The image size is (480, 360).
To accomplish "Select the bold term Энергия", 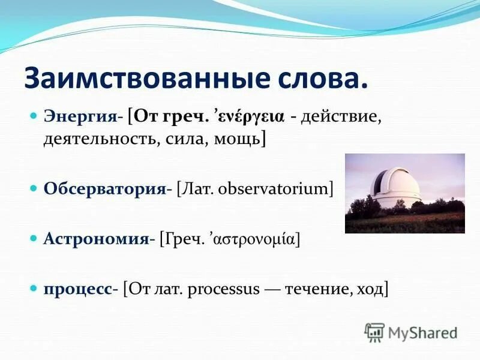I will pos(80,116).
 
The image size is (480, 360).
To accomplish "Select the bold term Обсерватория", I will pos(104,188).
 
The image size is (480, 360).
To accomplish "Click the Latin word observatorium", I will pos(277,188).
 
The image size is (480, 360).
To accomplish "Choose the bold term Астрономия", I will pos(95,239).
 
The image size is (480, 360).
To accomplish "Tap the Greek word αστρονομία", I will pos(251,239).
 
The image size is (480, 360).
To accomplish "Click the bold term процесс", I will pos(77,289).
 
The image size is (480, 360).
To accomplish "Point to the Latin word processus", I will pos(224,289).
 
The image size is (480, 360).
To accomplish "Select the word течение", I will pos(316,289).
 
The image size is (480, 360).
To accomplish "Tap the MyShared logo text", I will pos(422,332).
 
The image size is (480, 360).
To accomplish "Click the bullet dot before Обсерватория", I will pos(34,188).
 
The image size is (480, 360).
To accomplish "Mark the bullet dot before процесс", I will pos(34,289).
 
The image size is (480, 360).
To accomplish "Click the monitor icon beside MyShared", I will pos(374,332).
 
